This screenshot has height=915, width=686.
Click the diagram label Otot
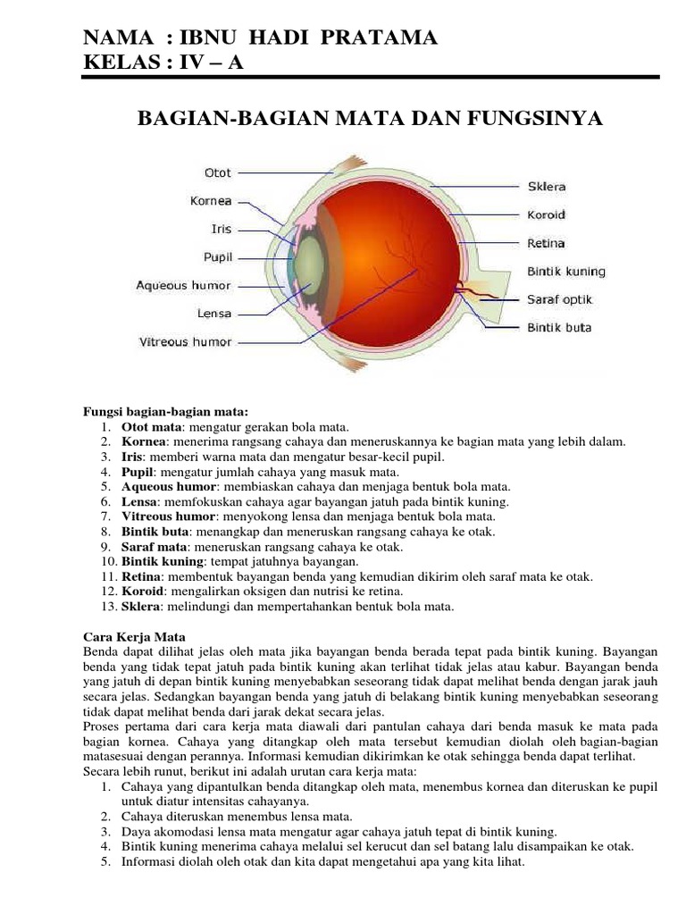(218, 172)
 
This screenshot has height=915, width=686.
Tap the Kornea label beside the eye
(211, 201)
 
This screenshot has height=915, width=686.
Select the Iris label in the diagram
(221, 229)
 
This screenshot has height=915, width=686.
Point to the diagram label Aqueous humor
(183, 286)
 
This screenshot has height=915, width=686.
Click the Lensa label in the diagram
(213, 314)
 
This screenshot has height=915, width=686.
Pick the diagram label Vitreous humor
(185, 341)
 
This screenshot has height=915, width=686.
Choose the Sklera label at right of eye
(546, 187)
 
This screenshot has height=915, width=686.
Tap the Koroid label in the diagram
(546, 215)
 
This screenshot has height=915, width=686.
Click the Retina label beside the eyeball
(545, 243)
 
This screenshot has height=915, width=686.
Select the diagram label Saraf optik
(559, 299)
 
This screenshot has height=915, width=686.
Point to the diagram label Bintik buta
(559, 327)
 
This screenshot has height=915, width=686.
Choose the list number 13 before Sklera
(101, 607)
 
